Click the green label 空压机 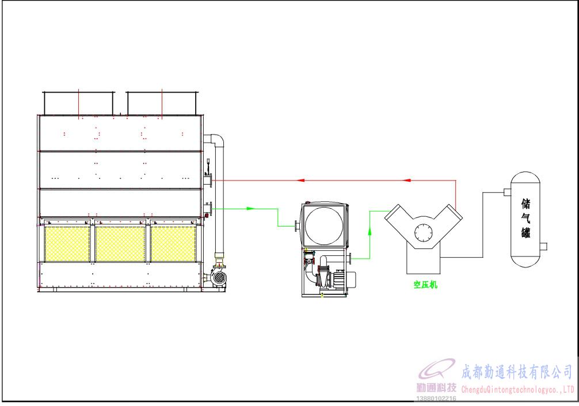pyautogui.click(x=425, y=285)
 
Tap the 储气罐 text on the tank pyautogui.click(x=526, y=218)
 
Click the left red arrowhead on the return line pyautogui.click(x=300, y=180)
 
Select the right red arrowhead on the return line pyautogui.click(x=407, y=180)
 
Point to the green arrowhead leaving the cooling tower pyautogui.click(x=251, y=209)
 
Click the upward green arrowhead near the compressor pyautogui.click(x=370, y=231)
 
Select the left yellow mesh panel pyautogui.click(x=67, y=244)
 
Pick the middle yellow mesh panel pyautogui.click(x=120, y=244)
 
